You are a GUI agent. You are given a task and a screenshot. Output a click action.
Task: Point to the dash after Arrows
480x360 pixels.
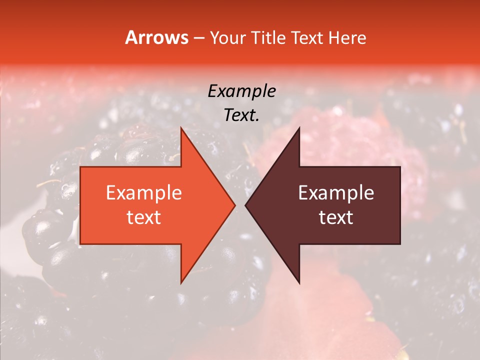click(198, 38)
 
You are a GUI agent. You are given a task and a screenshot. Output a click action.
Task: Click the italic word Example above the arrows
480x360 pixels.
click(241, 91)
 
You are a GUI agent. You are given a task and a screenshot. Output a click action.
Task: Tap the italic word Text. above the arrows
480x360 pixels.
click(241, 115)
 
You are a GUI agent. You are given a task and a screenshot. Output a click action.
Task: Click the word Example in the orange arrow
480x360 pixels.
click(143, 193)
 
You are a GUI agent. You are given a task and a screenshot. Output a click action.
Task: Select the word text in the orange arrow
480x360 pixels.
click(143, 217)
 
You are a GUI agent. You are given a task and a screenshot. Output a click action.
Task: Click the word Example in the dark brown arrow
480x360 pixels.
click(336, 193)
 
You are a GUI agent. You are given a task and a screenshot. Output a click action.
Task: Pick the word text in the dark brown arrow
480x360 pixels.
click(336, 217)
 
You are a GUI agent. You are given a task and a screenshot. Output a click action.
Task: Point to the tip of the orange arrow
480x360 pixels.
click(234, 205)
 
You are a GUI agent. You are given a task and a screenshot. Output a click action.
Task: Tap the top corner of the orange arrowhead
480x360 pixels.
click(181, 128)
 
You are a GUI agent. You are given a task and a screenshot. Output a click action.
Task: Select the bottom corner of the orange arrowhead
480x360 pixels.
click(181, 282)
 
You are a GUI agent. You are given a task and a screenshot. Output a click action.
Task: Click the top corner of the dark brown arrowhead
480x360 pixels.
click(299, 128)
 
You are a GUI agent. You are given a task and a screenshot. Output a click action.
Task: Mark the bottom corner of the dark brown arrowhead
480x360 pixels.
click(299, 282)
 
